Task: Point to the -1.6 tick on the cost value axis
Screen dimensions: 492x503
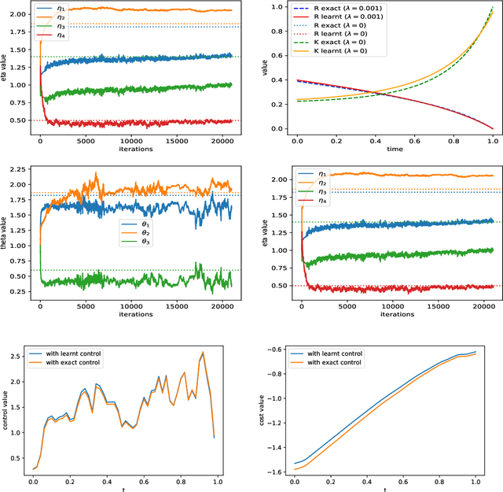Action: click(x=276, y=471)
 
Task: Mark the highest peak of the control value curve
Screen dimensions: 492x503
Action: click(x=202, y=353)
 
